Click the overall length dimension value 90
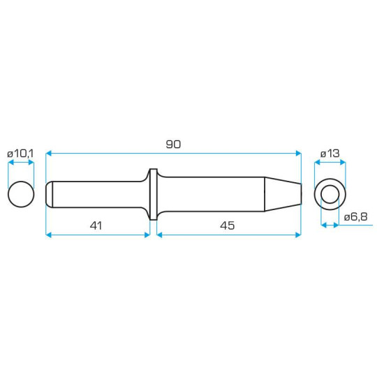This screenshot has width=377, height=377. [x=173, y=144]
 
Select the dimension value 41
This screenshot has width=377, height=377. [x=96, y=226]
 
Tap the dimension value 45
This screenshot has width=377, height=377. [x=227, y=226]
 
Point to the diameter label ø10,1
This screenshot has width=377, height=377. [x=21, y=152]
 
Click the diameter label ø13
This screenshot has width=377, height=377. [x=330, y=152]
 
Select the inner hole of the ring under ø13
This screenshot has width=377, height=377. [x=330, y=193]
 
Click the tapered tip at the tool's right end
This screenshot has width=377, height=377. [x=283, y=193]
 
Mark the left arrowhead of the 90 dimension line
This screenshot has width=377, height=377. [x=49, y=154]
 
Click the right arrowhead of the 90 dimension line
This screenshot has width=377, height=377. [x=298, y=154]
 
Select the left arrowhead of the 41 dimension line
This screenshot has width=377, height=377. [x=49, y=235]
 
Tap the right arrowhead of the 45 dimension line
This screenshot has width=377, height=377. [x=298, y=235]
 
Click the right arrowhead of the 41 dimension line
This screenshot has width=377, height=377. [x=147, y=235]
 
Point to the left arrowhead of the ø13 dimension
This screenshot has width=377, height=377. [x=317, y=163]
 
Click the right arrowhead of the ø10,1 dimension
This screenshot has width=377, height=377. [x=31, y=163]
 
